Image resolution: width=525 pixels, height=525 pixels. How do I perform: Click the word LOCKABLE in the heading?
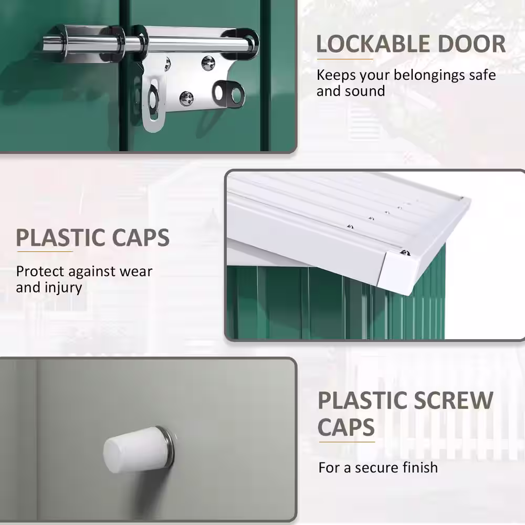point(373,44)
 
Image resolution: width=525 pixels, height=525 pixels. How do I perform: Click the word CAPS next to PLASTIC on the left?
point(141,238)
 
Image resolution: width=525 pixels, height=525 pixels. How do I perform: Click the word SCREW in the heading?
point(454,400)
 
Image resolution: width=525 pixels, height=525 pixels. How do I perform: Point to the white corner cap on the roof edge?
point(398,272)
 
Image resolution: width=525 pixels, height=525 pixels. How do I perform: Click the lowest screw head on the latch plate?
point(186,99)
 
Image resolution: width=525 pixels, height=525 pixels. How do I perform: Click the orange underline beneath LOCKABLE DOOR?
point(345,59)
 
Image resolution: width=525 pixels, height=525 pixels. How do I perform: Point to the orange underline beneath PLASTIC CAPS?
point(45,251)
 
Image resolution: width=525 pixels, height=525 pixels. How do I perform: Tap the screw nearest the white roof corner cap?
point(406,253)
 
